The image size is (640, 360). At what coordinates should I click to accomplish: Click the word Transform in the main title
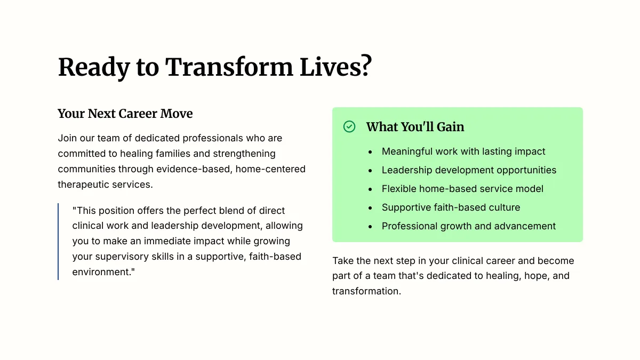click(229, 67)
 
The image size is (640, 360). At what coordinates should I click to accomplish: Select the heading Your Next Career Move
click(125, 114)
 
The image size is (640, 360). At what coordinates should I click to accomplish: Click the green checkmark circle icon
click(349, 126)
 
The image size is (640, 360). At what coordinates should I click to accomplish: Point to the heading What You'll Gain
click(415, 127)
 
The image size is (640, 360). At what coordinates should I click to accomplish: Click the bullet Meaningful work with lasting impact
click(463, 151)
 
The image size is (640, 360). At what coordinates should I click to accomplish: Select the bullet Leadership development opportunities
click(469, 170)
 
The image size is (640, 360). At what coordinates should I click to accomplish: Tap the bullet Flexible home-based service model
click(462, 189)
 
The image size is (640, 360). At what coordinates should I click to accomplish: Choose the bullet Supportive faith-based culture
click(451, 207)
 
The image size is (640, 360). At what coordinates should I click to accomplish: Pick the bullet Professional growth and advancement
click(469, 226)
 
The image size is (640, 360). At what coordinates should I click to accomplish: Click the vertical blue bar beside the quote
click(58, 242)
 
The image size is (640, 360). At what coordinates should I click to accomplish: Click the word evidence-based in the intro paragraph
click(193, 169)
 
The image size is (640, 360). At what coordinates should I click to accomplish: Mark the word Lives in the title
click(330, 67)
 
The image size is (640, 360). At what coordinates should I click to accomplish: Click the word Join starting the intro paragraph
click(67, 138)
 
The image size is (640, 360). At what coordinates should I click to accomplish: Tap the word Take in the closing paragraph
click(343, 261)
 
